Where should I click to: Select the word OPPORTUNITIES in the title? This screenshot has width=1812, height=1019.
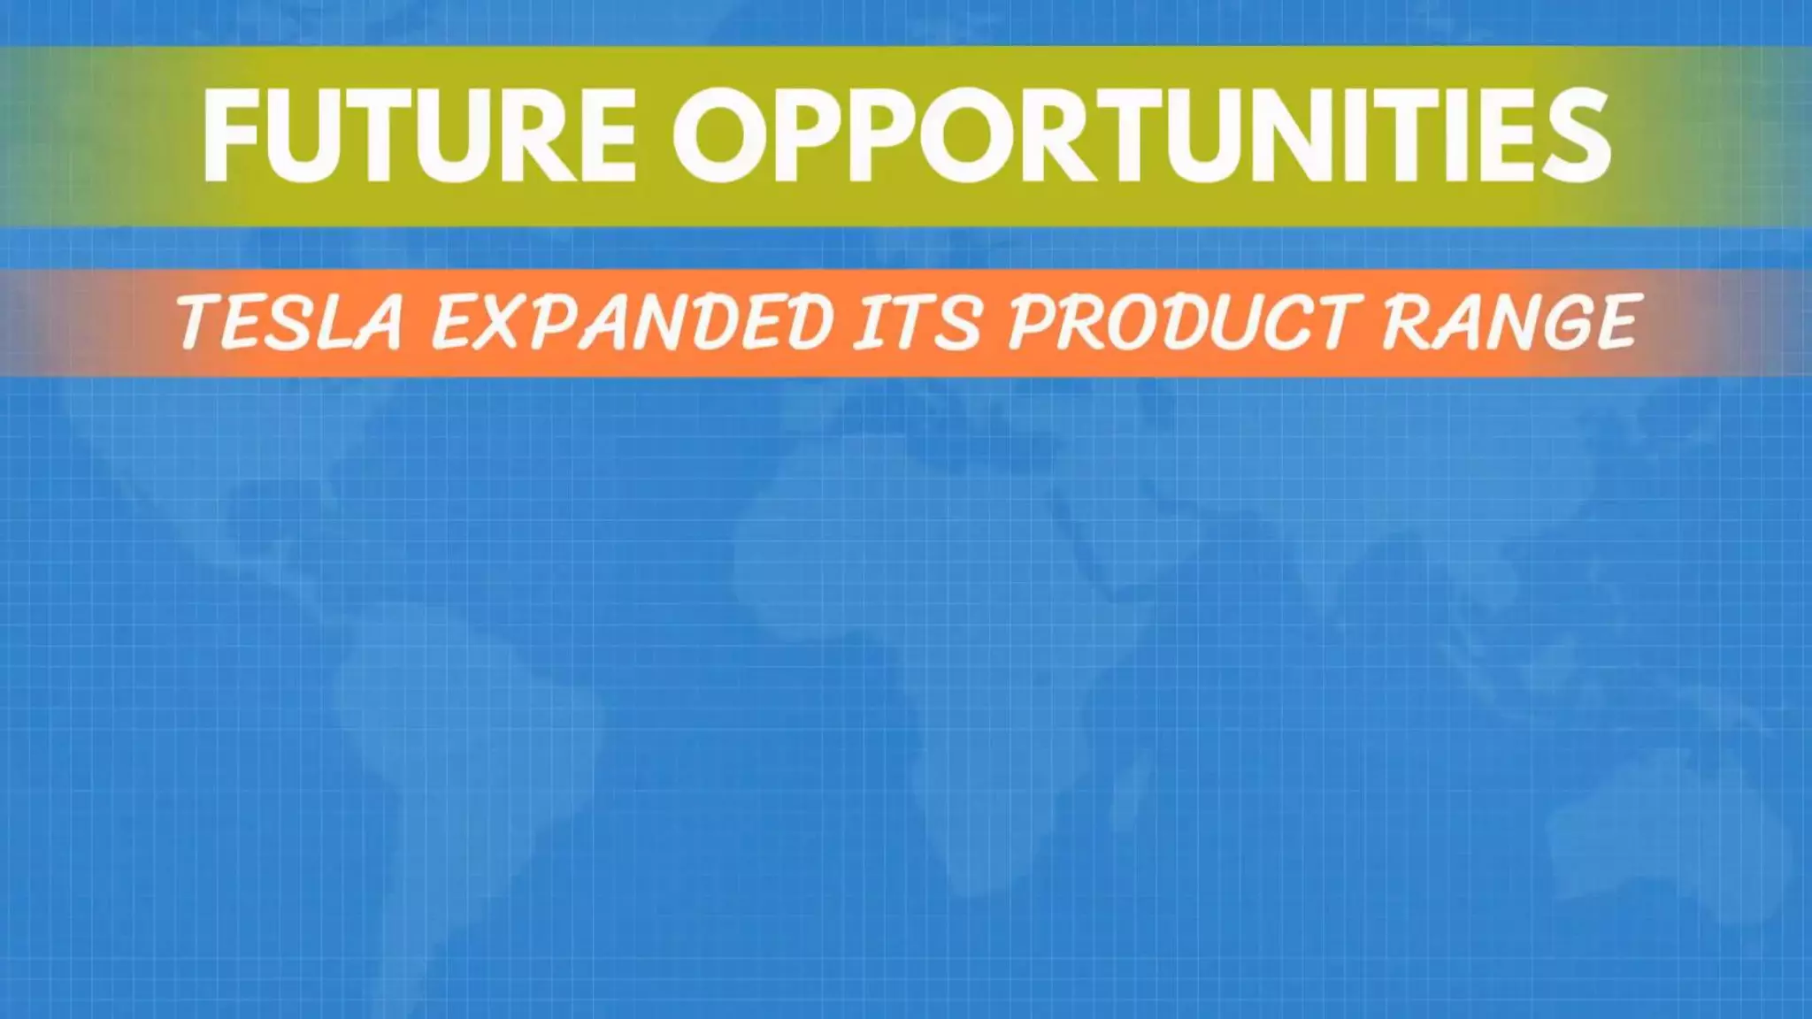pos(1141,135)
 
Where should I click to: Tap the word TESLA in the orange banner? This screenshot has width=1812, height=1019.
pos(291,321)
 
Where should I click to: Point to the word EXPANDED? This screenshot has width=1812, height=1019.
pos(632,321)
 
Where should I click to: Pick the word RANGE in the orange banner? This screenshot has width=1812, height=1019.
pos(1509,321)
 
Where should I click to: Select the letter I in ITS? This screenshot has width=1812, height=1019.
pos(872,321)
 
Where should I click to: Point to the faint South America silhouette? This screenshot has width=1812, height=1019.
pos(460,752)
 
